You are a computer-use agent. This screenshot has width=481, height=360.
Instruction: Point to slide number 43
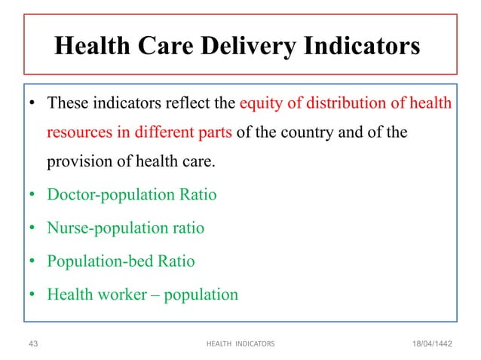coord(32,343)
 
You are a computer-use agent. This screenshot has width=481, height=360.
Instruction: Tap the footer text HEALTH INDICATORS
coord(240,343)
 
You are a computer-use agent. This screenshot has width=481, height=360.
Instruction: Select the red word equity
coord(260,102)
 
